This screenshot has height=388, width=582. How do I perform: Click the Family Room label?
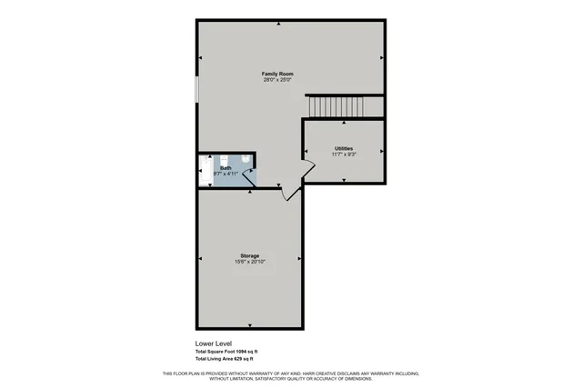click(x=277, y=74)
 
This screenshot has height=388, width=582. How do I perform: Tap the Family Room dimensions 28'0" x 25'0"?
click(x=277, y=80)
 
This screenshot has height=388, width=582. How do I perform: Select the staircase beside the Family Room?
click(x=334, y=106)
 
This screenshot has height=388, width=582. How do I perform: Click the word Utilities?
click(x=344, y=148)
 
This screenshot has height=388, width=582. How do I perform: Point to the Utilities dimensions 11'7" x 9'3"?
click(x=344, y=154)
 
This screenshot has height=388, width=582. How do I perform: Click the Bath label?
click(x=226, y=167)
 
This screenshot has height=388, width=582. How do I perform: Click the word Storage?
click(x=250, y=256)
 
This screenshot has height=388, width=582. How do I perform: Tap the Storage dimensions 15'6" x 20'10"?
click(x=250, y=263)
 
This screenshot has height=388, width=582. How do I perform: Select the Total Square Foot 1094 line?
click(x=226, y=352)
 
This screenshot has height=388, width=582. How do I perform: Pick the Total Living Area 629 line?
click(x=223, y=359)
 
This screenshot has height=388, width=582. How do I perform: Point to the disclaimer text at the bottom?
click(x=291, y=375)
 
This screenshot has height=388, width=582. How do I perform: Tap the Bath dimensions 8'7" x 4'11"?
click(x=226, y=173)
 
